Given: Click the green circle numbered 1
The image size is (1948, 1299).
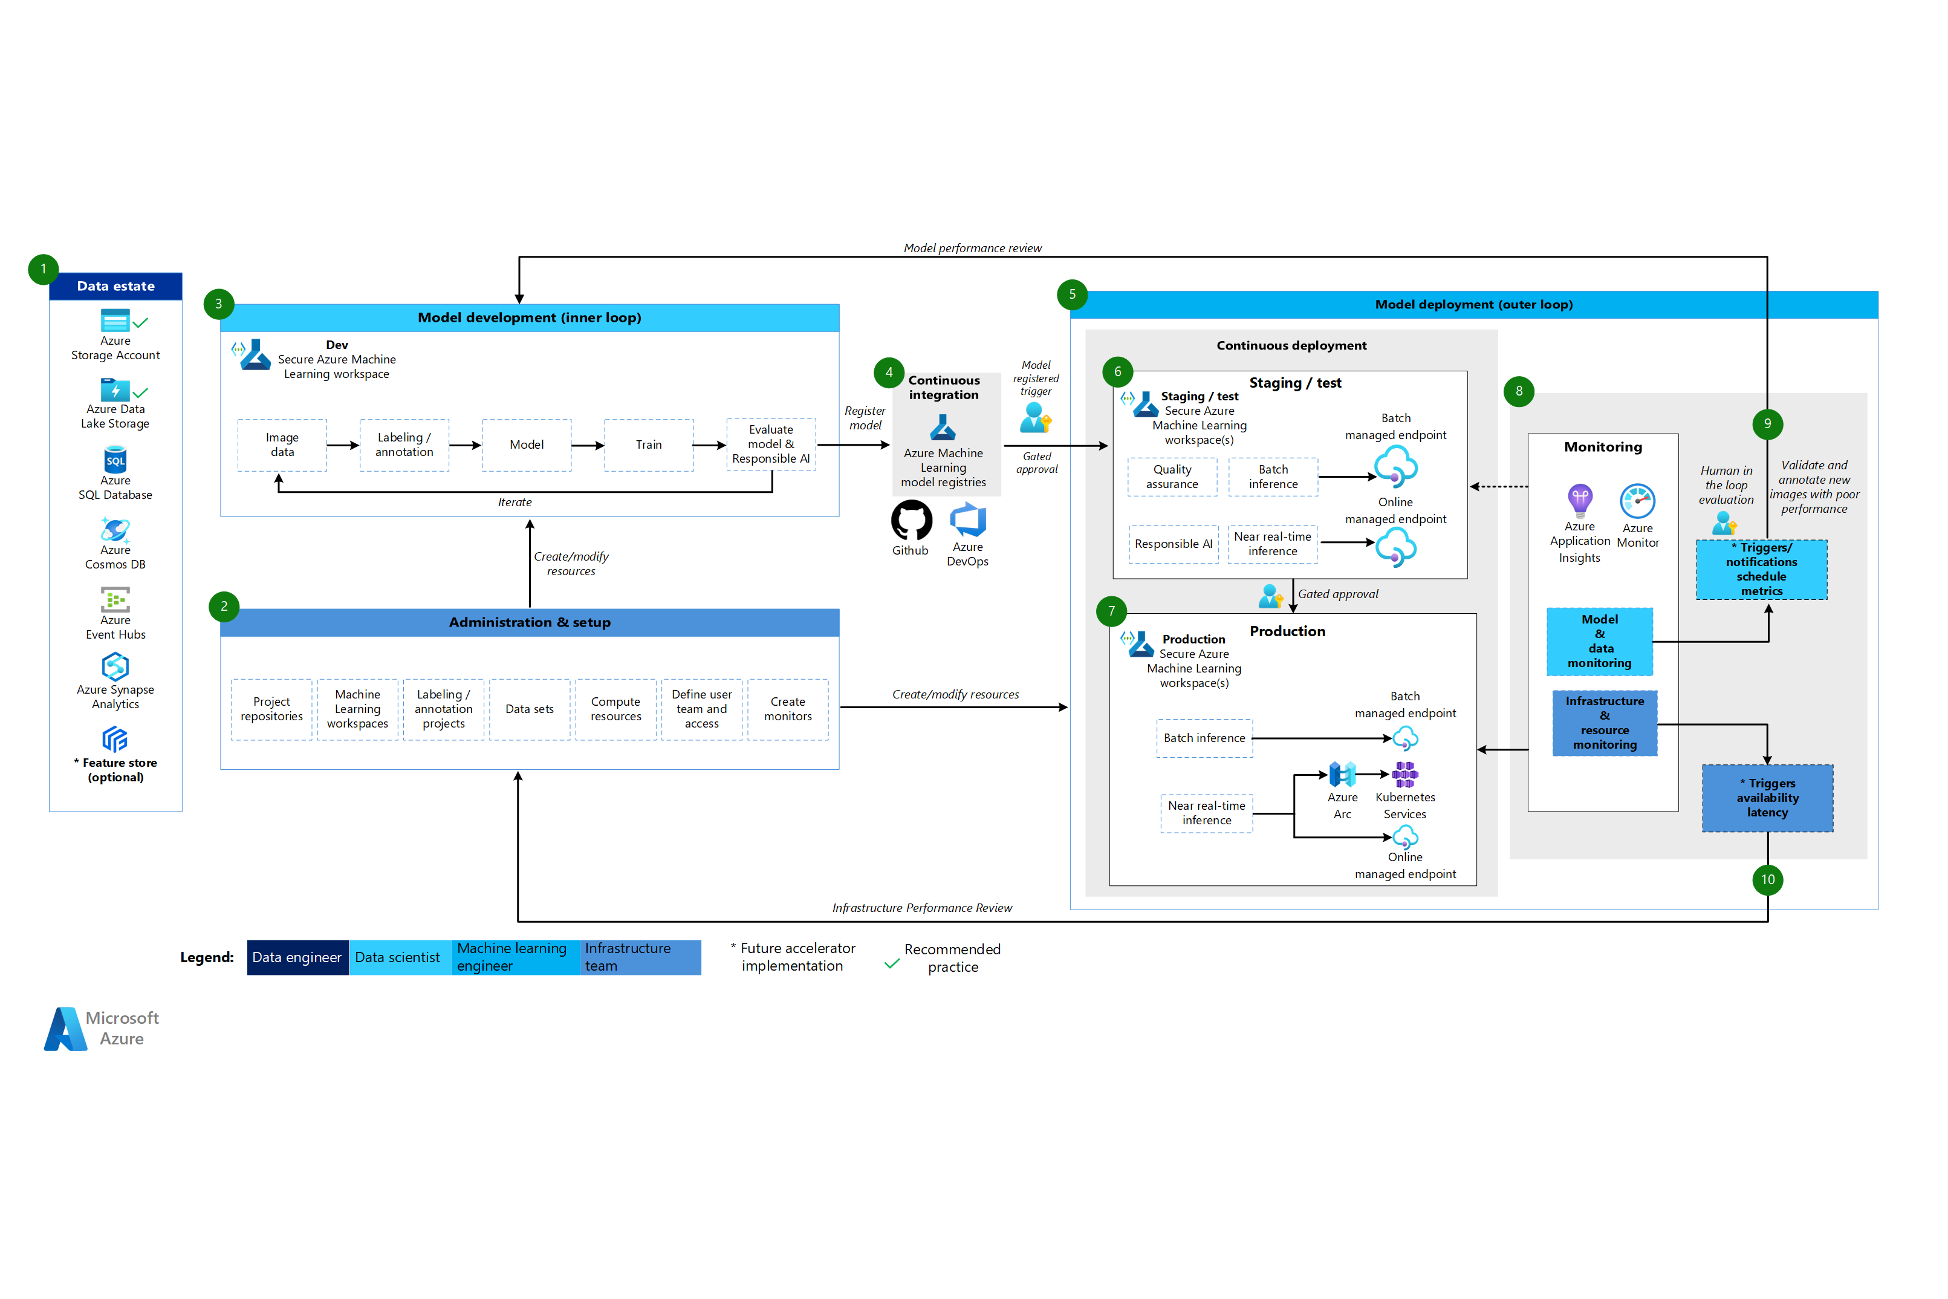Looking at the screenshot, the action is [43, 269].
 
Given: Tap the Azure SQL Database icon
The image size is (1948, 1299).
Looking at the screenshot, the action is [115, 460].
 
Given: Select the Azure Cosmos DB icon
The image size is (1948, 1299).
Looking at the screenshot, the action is [115, 529].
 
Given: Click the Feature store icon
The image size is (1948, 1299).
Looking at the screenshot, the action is [115, 739].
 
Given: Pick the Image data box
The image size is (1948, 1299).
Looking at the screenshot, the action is [282, 445].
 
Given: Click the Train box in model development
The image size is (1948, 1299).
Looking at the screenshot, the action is [649, 445].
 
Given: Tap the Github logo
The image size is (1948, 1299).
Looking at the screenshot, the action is [911, 520].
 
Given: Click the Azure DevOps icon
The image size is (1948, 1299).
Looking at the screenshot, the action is [967, 519].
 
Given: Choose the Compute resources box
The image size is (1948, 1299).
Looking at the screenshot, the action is [615, 709].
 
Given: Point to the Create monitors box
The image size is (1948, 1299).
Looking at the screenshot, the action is [788, 709].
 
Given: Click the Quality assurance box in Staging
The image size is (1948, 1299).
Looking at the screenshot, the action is [1172, 477].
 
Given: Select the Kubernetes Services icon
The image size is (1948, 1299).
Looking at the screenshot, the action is [1404, 775].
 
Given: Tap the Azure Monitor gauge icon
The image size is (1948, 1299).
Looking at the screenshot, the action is [1637, 501].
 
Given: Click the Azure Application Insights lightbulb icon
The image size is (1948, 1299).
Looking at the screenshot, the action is [1579, 500].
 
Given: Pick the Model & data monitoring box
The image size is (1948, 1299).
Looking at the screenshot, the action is [1599, 641].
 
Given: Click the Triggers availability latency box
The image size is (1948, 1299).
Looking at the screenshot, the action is [1767, 798].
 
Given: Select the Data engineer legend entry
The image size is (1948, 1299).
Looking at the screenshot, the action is [297, 958].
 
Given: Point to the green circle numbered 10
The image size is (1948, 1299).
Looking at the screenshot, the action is [1767, 880].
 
